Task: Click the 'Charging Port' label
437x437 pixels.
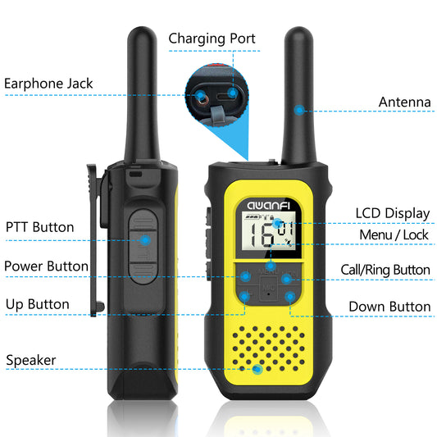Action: [x=212, y=39]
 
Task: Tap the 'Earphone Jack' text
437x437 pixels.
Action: [x=48, y=84]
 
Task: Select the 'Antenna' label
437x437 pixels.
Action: [x=405, y=102]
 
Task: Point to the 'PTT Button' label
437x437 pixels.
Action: [x=40, y=227]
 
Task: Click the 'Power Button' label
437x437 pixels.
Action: [x=46, y=266]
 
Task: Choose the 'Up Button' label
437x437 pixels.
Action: [x=38, y=304]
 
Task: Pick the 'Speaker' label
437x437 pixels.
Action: [x=31, y=361]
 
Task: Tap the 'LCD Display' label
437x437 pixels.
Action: [x=393, y=214]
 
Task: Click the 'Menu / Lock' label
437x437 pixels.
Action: [x=394, y=234]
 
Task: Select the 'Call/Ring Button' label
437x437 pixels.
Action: [x=385, y=270]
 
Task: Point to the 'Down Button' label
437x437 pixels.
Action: [x=389, y=307]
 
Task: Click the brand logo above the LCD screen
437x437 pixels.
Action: [x=268, y=206]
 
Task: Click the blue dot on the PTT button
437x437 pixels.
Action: [x=145, y=240]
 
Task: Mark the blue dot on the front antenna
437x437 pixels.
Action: [x=299, y=110]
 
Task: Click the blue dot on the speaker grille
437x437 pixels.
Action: [x=257, y=370]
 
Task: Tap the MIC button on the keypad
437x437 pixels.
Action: [x=269, y=289]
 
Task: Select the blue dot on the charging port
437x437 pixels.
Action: [x=232, y=93]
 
